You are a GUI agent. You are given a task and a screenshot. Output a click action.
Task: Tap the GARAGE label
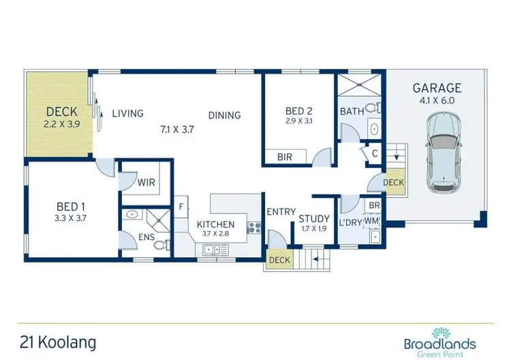[x=437, y=88]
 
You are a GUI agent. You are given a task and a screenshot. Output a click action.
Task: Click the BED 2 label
[x=299, y=110]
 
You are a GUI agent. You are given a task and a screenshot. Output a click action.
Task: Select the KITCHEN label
[x=215, y=224]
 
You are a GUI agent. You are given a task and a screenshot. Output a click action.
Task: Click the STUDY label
[x=314, y=218]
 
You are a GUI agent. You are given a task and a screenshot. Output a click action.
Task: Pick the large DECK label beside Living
[x=61, y=112]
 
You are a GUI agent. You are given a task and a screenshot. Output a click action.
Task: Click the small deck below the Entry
[x=279, y=260]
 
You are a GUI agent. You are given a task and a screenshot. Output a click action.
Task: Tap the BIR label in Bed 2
[x=285, y=157]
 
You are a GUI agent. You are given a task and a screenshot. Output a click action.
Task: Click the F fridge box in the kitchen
[x=182, y=205]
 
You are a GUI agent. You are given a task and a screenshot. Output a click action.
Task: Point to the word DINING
[x=224, y=115]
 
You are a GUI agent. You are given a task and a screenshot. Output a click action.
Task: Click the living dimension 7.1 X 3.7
[x=177, y=128]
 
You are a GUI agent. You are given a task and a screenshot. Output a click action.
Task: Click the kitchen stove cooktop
[x=255, y=226]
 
